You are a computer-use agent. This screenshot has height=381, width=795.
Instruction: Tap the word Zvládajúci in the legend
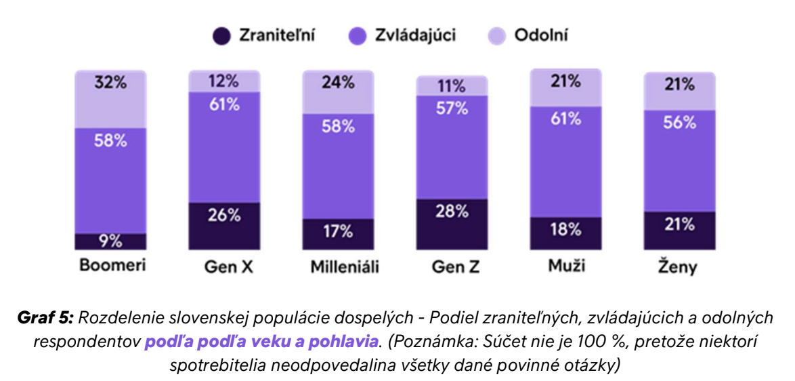[415, 36]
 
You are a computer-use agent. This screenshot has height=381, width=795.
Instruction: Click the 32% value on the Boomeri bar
[110, 85]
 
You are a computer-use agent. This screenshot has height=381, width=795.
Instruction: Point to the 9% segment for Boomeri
[110, 241]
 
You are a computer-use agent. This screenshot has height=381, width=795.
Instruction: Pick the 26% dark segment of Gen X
[223, 216]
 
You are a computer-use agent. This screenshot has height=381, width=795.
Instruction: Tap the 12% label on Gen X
[223, 81]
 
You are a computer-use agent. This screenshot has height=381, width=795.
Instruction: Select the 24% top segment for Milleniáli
[337, 83]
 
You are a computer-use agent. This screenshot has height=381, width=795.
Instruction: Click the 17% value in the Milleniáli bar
[337, 231]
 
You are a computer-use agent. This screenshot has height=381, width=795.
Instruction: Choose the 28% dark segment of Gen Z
[451, 211]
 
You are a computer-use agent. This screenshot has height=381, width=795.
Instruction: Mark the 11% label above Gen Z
[451, 86]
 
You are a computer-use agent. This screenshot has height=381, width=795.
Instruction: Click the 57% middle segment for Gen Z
[451, 108]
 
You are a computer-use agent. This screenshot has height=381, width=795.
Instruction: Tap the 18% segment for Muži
[565, 229]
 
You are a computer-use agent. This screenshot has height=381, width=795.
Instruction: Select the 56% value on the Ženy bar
[679, 123]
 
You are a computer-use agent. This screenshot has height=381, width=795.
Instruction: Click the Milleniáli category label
[345, 266]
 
